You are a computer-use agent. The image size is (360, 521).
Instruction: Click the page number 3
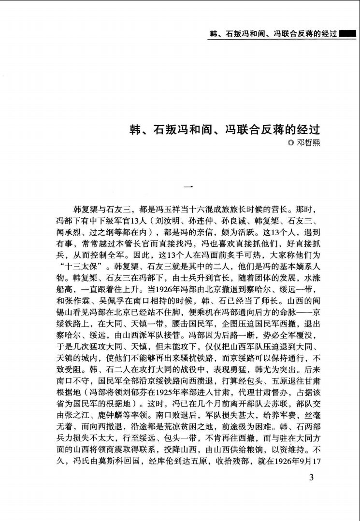(x=311, y=479)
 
